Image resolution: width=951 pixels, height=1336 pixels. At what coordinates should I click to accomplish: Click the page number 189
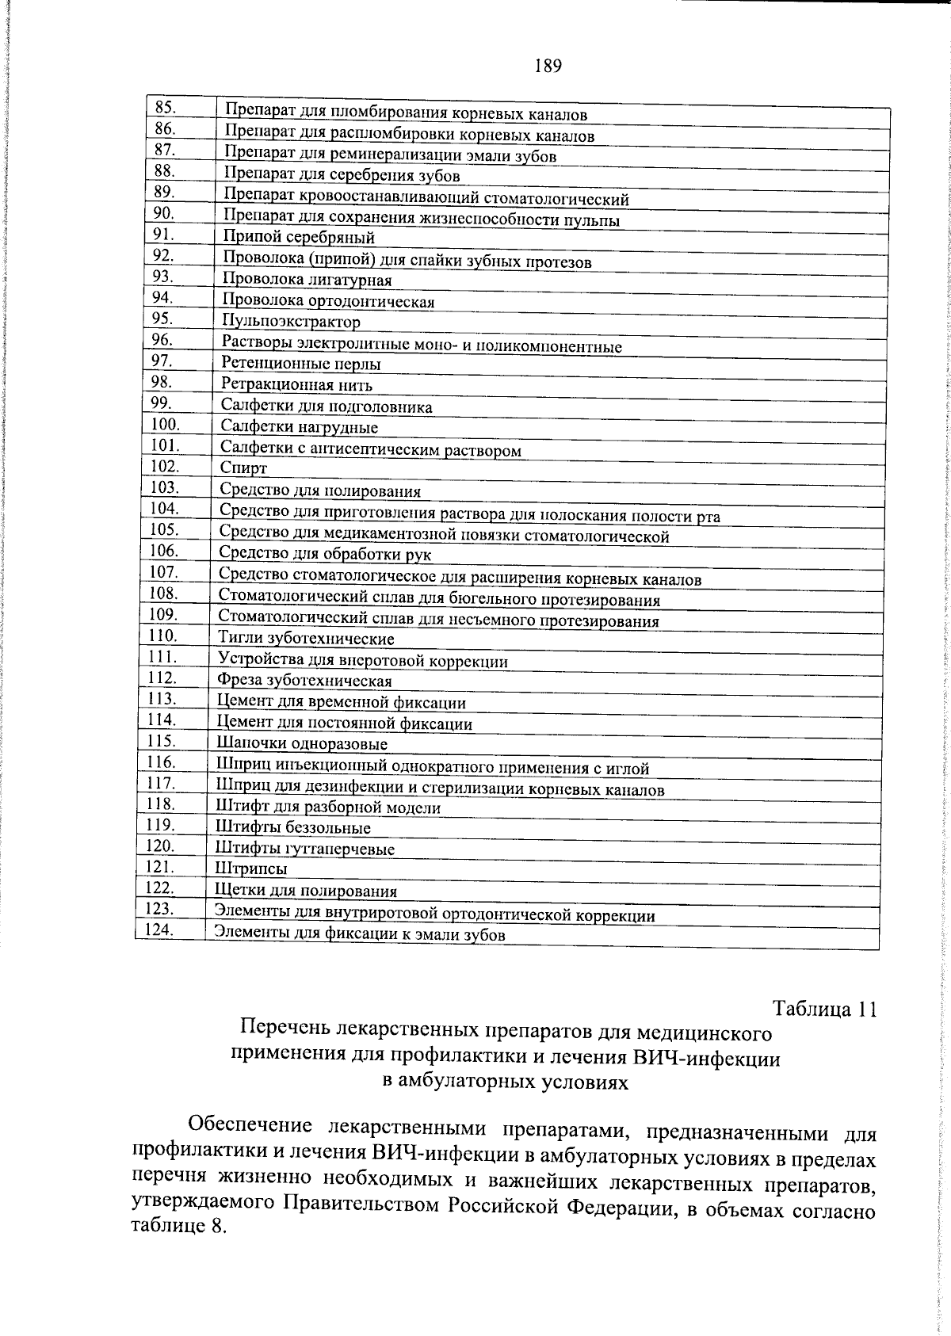point(548,67)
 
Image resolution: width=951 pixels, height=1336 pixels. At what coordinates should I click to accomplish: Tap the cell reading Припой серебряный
point(299,237)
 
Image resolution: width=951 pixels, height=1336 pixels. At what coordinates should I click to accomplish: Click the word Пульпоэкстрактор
point(291,322)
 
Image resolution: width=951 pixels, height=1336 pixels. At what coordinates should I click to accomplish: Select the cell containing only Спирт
point(243,468)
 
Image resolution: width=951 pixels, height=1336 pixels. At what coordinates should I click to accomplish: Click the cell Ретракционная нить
point(296,385)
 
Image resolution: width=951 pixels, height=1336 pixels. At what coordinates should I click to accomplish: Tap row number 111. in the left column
point(162,657)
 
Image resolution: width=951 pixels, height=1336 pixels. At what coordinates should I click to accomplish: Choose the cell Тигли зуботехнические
point(306,638)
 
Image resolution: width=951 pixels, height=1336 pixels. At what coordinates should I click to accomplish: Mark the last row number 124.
point(158,930)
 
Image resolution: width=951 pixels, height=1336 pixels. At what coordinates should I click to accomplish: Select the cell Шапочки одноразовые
point(302,744)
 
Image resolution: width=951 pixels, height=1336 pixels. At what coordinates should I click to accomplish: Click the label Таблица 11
point(824,1010)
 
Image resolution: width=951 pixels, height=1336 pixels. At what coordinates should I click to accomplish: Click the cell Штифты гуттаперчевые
point(305,849)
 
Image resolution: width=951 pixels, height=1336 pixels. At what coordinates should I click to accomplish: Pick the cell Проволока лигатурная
point(307,280)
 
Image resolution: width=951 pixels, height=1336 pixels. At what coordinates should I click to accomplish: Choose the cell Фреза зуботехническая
point(304,681)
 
